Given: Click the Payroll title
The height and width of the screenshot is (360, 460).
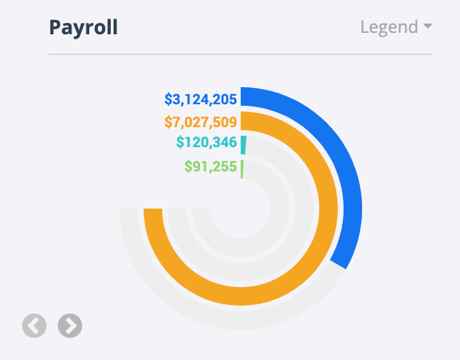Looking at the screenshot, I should [83, 27].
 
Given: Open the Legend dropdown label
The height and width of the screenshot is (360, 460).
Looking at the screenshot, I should [389, 27].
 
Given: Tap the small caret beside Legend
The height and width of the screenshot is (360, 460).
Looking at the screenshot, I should [428, 26].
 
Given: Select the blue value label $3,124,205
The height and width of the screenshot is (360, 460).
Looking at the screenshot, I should [201, 99].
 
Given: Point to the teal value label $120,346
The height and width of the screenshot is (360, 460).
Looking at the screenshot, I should [206, 143].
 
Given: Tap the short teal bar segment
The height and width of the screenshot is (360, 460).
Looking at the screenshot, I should [244, 144].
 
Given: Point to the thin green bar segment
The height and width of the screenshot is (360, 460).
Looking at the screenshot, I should [242, 169].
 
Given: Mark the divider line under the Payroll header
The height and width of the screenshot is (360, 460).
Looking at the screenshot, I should [241, 54].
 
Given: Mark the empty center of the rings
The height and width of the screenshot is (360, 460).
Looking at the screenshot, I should [241, 209].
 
